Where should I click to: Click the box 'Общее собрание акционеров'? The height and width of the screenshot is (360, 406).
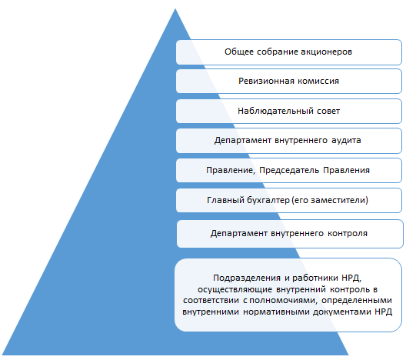(288, 52)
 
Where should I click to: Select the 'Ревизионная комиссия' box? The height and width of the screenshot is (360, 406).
(288, 81)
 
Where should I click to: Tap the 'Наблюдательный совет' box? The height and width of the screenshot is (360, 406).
(288, 111)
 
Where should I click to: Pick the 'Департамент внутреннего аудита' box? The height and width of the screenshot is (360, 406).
(288, 141)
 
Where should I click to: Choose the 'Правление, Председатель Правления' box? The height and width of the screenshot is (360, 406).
(288, 170)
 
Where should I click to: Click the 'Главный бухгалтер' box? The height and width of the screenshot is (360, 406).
(288, 200)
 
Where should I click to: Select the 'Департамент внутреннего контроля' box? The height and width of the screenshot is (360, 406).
(288, 232)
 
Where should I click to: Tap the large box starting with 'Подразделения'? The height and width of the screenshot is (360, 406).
(288, 295)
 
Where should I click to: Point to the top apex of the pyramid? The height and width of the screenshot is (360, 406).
(178, 9)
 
